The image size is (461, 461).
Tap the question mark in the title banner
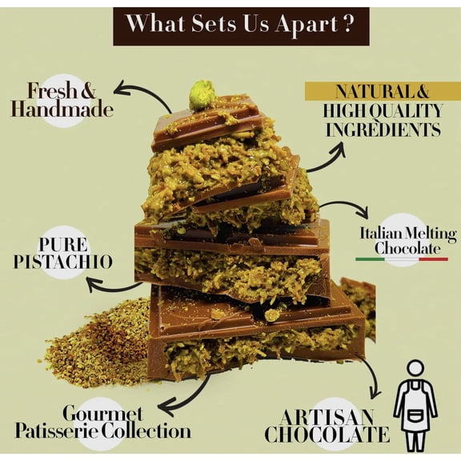click(348, 23)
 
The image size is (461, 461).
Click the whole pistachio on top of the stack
click(202, 95)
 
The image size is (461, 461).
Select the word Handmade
click(62, 110)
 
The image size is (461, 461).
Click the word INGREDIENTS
click(383, 130)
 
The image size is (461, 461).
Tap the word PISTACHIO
click(62, 262)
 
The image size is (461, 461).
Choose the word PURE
click(63, 245)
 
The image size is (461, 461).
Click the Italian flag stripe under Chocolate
click(402, 259)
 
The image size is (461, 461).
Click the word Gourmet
click(103, 413)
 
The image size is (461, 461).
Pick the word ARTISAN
click(327, 417)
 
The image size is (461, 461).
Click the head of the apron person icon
click(415, 370)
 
